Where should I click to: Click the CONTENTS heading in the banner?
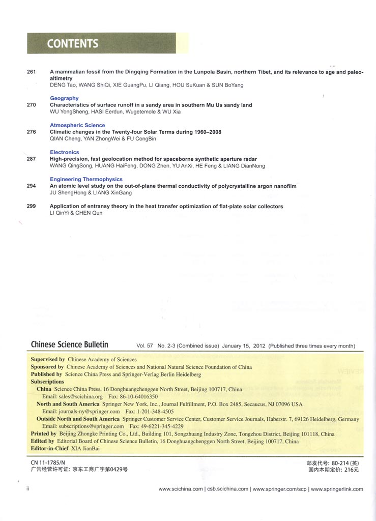(73, 44)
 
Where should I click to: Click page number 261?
(32, 72)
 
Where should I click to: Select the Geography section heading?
(64, 98)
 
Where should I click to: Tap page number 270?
(32, 105)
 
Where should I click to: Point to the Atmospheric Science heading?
(77, 125)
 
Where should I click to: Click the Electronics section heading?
(65, 152)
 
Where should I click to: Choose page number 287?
(32, 159)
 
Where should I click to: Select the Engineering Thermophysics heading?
(86, 179)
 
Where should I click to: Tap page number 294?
(32, 186)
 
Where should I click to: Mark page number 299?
(32, 207)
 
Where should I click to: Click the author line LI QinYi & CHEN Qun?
(76, 213)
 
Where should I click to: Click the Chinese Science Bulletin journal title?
(70, 344)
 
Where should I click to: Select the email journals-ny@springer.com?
(81, 411)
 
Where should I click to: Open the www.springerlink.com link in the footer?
(337, 489)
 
